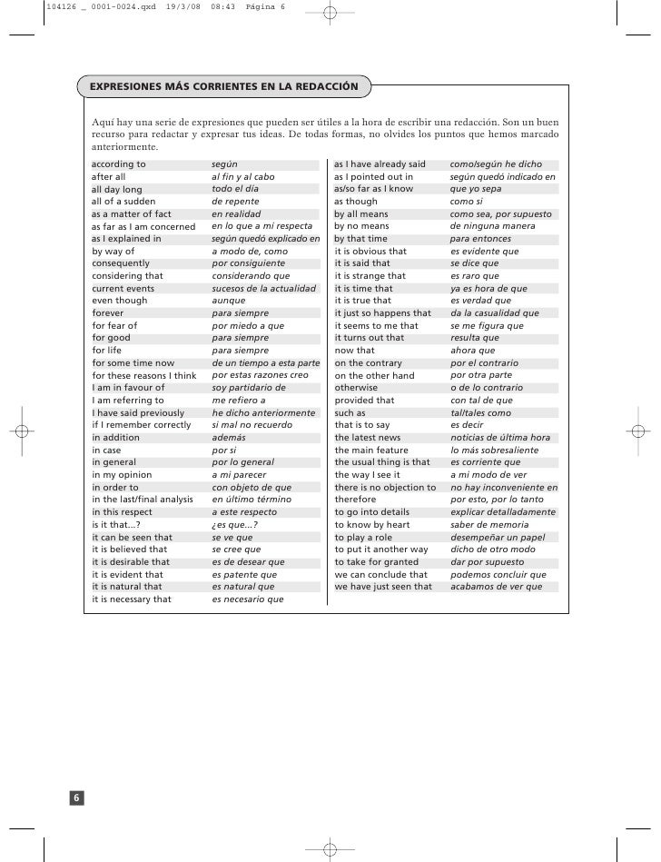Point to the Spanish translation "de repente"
(x=235, y=202)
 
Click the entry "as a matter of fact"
(x=132, y=214)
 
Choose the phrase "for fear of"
(x=114, y=325)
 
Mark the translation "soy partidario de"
(x=249, y=388)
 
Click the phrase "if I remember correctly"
(x=142, y=425)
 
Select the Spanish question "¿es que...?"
(x=234, y=525)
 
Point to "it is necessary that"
(x=132, y=599)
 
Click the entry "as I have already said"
(x=380, y=164)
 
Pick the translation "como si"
(x=467, y=202)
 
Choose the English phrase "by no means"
(x=361, y=226)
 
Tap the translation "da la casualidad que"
(x=495, y=313)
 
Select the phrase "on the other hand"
(x=374, y=375)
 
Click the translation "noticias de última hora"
(x=500, y=438)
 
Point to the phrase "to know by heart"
(x=372, y=525)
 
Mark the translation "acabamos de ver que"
(x=497, y=587)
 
